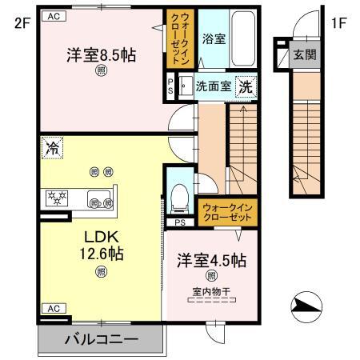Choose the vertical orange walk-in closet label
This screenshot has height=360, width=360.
tap(176, 39)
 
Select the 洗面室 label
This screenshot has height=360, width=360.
tap(214, 87)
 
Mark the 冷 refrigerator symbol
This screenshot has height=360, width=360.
tap(52, 148)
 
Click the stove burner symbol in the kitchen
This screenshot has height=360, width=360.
tap(58, 196)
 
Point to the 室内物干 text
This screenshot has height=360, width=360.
tap(212, 290)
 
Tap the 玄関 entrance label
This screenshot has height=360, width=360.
tap(303, 54)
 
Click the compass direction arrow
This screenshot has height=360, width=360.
tap(307, 306)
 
